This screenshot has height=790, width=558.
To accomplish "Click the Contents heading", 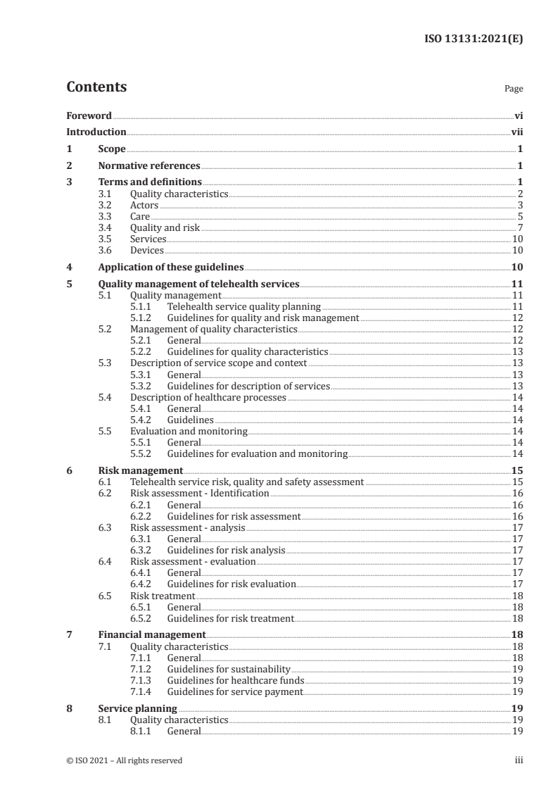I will pos(96,87).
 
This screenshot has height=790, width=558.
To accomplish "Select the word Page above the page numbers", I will pos(513,89).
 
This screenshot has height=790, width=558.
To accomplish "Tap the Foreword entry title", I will pos(89,115).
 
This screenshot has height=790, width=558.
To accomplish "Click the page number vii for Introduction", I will pos(516,132).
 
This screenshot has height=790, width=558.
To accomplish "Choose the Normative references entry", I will pos(148,166).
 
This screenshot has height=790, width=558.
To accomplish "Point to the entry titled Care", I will pos(140,217).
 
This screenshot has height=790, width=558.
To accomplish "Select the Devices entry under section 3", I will pos(146,251).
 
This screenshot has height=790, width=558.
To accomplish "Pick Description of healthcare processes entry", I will pos(208,397).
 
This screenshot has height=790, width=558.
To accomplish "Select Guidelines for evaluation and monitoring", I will pos(257,454).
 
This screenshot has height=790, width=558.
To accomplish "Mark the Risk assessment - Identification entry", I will pos(200,494).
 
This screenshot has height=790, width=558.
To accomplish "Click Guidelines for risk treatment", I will pos(230,618).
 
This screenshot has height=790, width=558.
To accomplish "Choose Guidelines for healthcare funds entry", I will pos(236,680).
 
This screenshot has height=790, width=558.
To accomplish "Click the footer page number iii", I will pos(519,760).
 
